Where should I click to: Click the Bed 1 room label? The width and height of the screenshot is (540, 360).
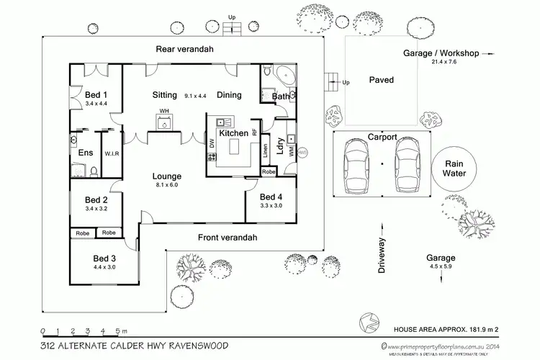tap(96, 94)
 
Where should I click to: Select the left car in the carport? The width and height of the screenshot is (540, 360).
tap(358, 165)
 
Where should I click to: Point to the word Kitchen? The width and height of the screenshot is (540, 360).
tap(233, 133)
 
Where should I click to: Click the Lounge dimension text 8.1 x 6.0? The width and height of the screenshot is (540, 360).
tap(166, 185)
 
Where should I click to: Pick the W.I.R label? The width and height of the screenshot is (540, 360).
tap(111, 153)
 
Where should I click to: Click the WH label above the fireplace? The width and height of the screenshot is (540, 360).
tap(164, 110)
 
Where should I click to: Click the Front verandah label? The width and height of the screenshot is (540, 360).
tap(228, 238)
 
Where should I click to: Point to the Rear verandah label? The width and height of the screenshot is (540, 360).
tap(184, 49)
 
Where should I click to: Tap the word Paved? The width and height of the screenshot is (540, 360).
tap(382, 79)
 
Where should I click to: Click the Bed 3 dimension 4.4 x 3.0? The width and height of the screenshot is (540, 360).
tap(104, 267)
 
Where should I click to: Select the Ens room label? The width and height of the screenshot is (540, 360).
tap(84, 152)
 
